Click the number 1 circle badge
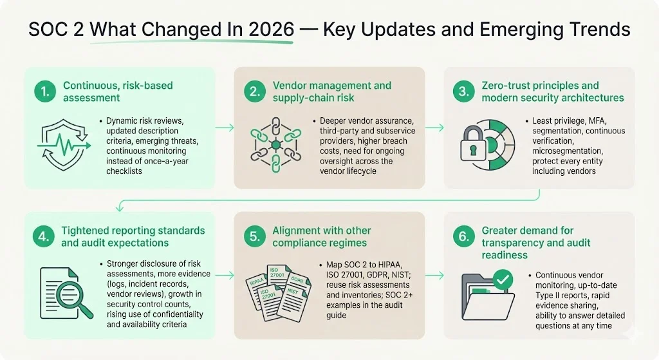coord(44,91)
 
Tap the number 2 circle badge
coord(254,91)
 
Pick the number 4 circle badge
coord(44,236)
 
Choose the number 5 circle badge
coord(254,236)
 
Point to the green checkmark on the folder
coord(503,279)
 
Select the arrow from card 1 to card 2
coord(224,128)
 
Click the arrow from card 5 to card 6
coord(434,275)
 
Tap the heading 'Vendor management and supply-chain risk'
coord(331,91)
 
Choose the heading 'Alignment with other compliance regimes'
coord(322,236)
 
